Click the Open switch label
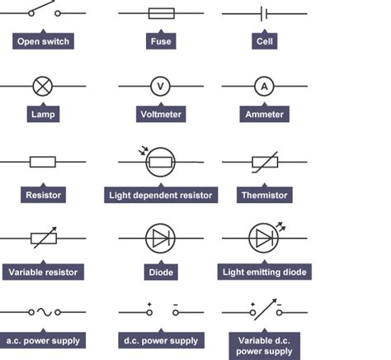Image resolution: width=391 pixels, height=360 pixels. (x=43, y=41)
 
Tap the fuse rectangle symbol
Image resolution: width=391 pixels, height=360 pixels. (x=160, y=14)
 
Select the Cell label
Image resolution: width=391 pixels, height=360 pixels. (x=264, y=41)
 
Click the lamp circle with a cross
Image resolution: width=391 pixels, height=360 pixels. (x=42, y=85)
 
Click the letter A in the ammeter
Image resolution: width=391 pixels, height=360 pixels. (x=264, y=85)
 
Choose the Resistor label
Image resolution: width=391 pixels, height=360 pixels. (x=43, y=196)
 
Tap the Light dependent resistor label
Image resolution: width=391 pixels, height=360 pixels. (x=161, y=196)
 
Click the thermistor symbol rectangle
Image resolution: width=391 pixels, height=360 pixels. (x=264, y=163)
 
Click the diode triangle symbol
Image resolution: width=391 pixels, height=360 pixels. (x=160, y=239)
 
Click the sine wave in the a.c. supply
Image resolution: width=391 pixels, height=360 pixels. (x=43, y=313)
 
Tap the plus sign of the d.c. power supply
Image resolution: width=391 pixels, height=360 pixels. (x=149, y=305)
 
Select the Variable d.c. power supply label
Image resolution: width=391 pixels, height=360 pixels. (x=264, y=345)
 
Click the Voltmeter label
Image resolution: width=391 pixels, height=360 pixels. (x=161, y=115)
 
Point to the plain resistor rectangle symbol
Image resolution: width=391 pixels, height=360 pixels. (x=42, y=163)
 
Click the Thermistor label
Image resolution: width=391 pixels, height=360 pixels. (x=264, y=196)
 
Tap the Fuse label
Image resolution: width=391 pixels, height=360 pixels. (x=161, y=41)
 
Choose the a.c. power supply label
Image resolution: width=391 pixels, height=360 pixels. (x=43, y=340)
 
